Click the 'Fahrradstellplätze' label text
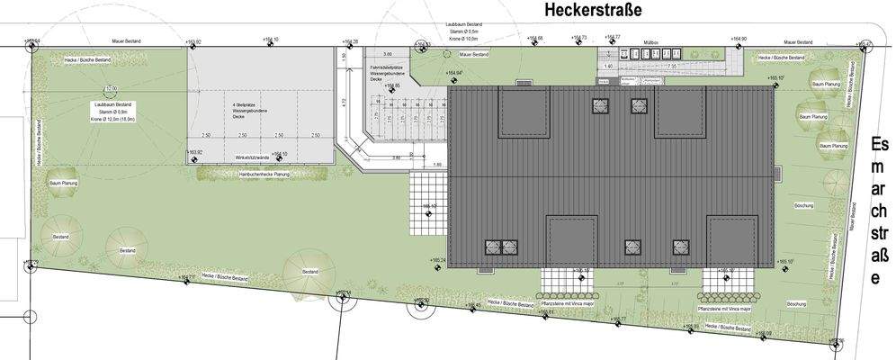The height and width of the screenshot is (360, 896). point(389,67)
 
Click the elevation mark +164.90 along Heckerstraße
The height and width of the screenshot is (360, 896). point(739,40)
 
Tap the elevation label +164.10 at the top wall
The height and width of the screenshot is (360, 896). point(271,40)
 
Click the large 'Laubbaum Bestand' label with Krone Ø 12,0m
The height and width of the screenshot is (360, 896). point(112,105)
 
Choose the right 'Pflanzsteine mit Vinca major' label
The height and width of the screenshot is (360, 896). point(725,307)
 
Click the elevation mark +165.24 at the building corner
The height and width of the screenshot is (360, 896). point(439,260)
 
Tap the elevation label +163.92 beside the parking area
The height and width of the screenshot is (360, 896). point(193,152)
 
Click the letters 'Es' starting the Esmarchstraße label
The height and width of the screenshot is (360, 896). point(880,145)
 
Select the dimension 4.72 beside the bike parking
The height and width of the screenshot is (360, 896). point(345,101)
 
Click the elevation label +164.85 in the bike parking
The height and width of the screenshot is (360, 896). point(391,86)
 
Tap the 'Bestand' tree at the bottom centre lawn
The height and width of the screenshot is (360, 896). point(309,271)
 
